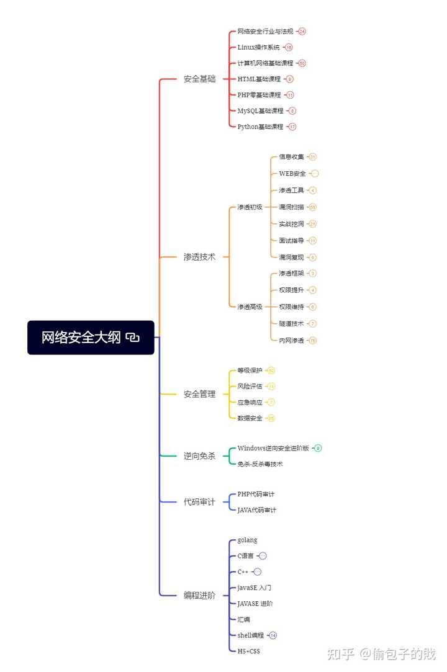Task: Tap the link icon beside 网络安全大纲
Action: (x=132, y=338)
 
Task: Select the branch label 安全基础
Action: (x=199, y=79)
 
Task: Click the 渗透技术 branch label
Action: (x=199, y=257)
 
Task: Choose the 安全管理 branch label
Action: (x=199, y=394)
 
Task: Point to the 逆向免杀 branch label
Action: (x=199, y=456)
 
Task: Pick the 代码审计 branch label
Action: (x=199, y=502)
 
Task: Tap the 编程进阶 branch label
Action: (x=199, y=596)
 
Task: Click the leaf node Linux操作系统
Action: (x=258, y=47)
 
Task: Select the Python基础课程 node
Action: (x=260, y=127)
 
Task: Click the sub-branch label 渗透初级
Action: (x=250, y=207)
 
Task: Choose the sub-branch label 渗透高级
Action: (x=250, y=307)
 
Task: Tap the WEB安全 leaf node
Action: (x=292, y=174)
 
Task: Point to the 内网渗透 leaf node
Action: (x=291, y=340)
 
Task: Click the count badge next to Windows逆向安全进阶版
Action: (x=318, y=448)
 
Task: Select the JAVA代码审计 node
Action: (x=257, y=510)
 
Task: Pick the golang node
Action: (x=247, y=540)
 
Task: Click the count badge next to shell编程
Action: (x=273, y=635)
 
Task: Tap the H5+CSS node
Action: (x=249, y=651)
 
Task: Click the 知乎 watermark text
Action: (x=341, y=654)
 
